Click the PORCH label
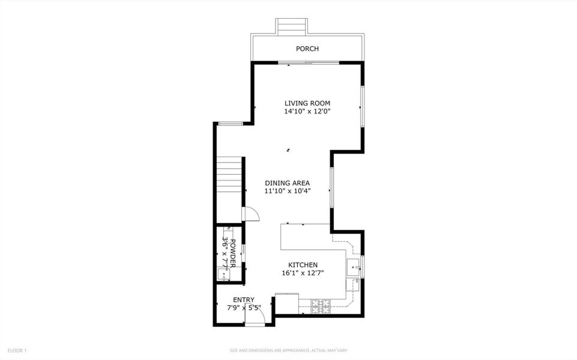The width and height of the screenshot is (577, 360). coord(307,49)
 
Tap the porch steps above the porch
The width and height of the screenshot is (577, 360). coord(292,26)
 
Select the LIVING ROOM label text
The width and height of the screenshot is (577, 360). coord(307,103)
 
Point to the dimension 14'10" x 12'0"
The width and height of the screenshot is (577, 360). coord(307,111)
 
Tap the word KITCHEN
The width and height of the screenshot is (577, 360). coord(303,265)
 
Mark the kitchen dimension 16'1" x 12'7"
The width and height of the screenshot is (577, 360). coord(303,272)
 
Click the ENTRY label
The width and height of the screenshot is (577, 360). coord(244,300)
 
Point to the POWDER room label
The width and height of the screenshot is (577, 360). coord(233,253)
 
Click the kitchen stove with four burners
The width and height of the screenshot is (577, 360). coord(320,306)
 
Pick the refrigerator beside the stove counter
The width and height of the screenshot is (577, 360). coord(287,302)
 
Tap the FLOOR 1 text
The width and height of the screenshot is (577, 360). coord(17,350)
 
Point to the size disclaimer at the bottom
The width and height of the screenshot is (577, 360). coord(288,350)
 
